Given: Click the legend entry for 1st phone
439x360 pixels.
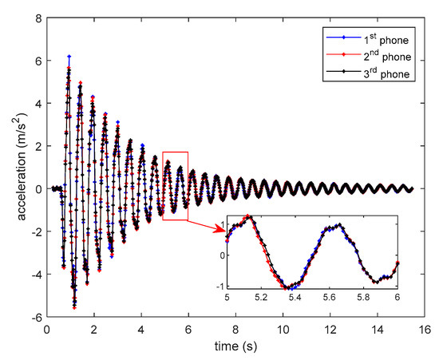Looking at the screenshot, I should click(386, 38).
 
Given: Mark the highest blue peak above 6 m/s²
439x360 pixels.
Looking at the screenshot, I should click(69, 56).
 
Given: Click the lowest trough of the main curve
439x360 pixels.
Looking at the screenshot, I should click(74, 307).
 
